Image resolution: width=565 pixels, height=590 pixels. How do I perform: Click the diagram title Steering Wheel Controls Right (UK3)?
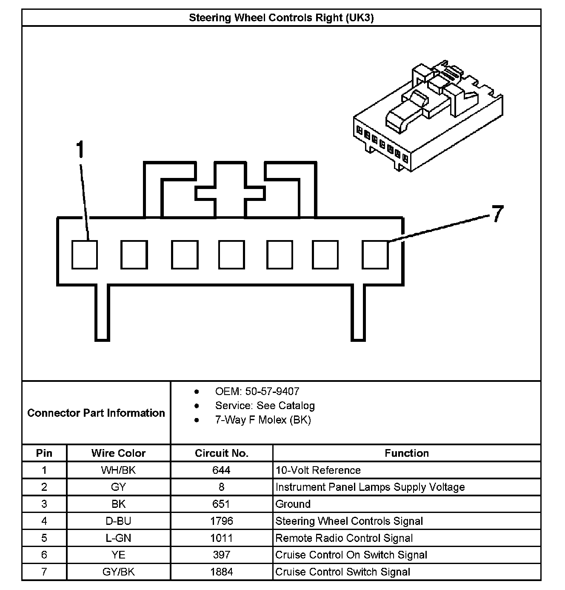pyautogui.click(x=281, y=18)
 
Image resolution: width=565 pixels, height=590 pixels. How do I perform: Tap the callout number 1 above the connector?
pyautogui.click(x=80, y=150)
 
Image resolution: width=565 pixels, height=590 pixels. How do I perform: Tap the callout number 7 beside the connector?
pyautogui.click(x=498, y=214)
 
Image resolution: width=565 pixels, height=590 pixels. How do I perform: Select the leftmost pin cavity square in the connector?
pyautogui.click(x=84, y=255)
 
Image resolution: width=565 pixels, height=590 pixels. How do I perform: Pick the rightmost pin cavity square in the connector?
pyautogui.click(x=375, y=255)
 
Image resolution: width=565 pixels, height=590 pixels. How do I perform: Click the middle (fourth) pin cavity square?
pyautogui.click(x=231, y=255)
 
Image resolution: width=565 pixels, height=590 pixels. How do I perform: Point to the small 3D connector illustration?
pyautogui.click(x=428, y=117)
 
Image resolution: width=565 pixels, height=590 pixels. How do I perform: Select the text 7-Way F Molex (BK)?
pyautogui.click(x=263, y=420)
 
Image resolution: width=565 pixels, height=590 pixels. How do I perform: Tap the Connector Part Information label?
pyautogui.click(x=96, y=413)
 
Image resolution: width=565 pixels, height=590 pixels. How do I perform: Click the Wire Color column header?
pyautogui.click(x=118, y=453)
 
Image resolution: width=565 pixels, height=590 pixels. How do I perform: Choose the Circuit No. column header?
pyautogui.click(x=221, y=453)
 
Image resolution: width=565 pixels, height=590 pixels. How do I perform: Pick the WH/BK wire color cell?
pyautogui.click(x=118, y=470)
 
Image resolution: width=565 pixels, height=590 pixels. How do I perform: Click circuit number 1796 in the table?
pyautogui.click(x=221, y=521)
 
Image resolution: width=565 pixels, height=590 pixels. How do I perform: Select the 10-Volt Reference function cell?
pyautogui.click(x=318, y=470)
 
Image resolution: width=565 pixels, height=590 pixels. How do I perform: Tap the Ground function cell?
pyautogui.click(x=293, y=504)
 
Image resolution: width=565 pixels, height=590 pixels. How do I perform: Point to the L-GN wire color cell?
pyautogui.click(x=118, y=538)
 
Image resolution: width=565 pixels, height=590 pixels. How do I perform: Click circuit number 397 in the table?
pyautogui.click(x=221, y=555)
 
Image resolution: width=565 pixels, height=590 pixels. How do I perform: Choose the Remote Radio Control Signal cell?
pyautogui.click(x=344, y=538)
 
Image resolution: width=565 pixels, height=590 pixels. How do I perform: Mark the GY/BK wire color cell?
pyautogui.click(x=118, y=572)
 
